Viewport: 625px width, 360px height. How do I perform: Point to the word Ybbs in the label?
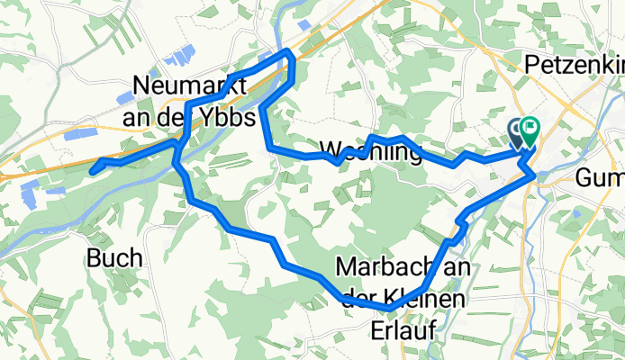[x=235, y=118]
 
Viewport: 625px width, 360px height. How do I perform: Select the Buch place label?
[x=114, y=258]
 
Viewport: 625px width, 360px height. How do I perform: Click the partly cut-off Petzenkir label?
[x=574, y=66]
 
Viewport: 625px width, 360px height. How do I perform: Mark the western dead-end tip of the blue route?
[x=93, y=167]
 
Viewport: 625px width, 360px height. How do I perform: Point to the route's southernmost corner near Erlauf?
[x=389, y=310]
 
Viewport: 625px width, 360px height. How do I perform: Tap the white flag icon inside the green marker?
[x=528, y=130]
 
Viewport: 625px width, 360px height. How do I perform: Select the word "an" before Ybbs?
[x=138, y=118]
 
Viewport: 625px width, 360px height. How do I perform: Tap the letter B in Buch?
[x=94, y=259]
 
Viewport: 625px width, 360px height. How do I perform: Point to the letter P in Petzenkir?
[x=532, y=66]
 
